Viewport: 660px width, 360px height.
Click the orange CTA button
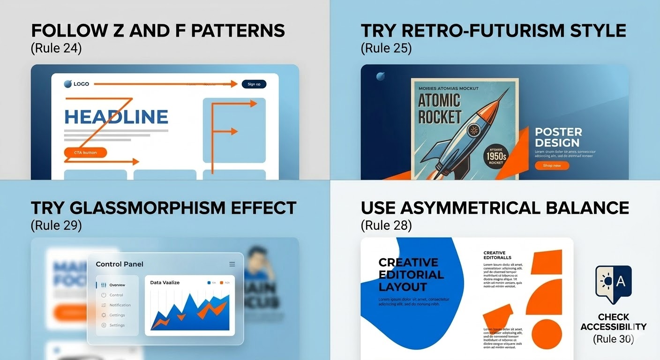[84, 152]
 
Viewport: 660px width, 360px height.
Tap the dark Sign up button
[254, 84]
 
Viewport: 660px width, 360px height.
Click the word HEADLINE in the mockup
[116, 117]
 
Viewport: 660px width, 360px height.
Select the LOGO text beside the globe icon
[81, 84]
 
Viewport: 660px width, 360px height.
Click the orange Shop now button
[552, 165]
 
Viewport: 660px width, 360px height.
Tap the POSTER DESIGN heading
[558, 137]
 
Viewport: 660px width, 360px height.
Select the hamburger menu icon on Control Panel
[232, 264]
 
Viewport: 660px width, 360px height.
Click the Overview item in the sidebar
[117, 285]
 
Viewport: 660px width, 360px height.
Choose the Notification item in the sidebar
[120, 305]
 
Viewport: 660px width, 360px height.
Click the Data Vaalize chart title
[165, 283]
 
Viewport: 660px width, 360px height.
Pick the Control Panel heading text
[120, 264]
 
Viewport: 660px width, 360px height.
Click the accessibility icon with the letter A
[613, 282]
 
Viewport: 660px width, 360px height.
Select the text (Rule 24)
[56, 48]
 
